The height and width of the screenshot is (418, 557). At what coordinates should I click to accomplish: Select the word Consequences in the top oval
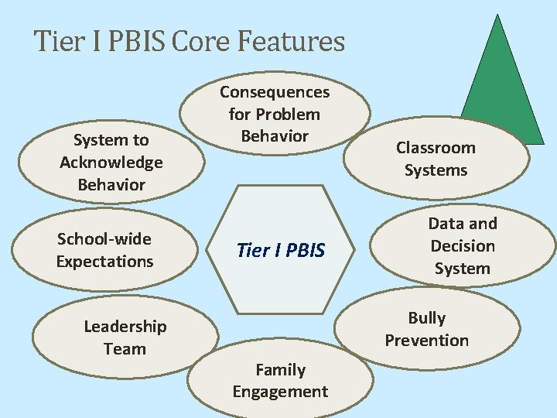(275, 92)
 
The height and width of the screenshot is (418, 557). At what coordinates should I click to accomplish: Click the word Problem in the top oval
(287, 115)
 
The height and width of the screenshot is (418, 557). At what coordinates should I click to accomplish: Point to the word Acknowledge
(111, 163)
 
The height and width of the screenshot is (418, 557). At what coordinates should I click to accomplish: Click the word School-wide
(104, 239)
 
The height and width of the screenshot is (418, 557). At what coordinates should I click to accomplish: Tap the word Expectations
(104, 262)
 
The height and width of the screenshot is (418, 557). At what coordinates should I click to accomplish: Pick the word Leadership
(125, 327)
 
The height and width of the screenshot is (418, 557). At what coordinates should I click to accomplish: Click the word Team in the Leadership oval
(125, 349)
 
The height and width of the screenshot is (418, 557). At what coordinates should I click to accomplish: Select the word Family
(280, 370)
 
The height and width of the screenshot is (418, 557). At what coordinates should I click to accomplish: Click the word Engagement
(280, 392)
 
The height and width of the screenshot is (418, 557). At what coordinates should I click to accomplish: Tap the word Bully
(427, 318)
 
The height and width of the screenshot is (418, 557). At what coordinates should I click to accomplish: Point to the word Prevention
(427, 341)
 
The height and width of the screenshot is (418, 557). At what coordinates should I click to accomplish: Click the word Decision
(463, 246)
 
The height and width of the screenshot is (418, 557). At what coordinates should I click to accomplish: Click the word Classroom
(436, 148)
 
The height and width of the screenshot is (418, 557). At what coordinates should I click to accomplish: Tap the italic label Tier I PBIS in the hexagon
(281, 251)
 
